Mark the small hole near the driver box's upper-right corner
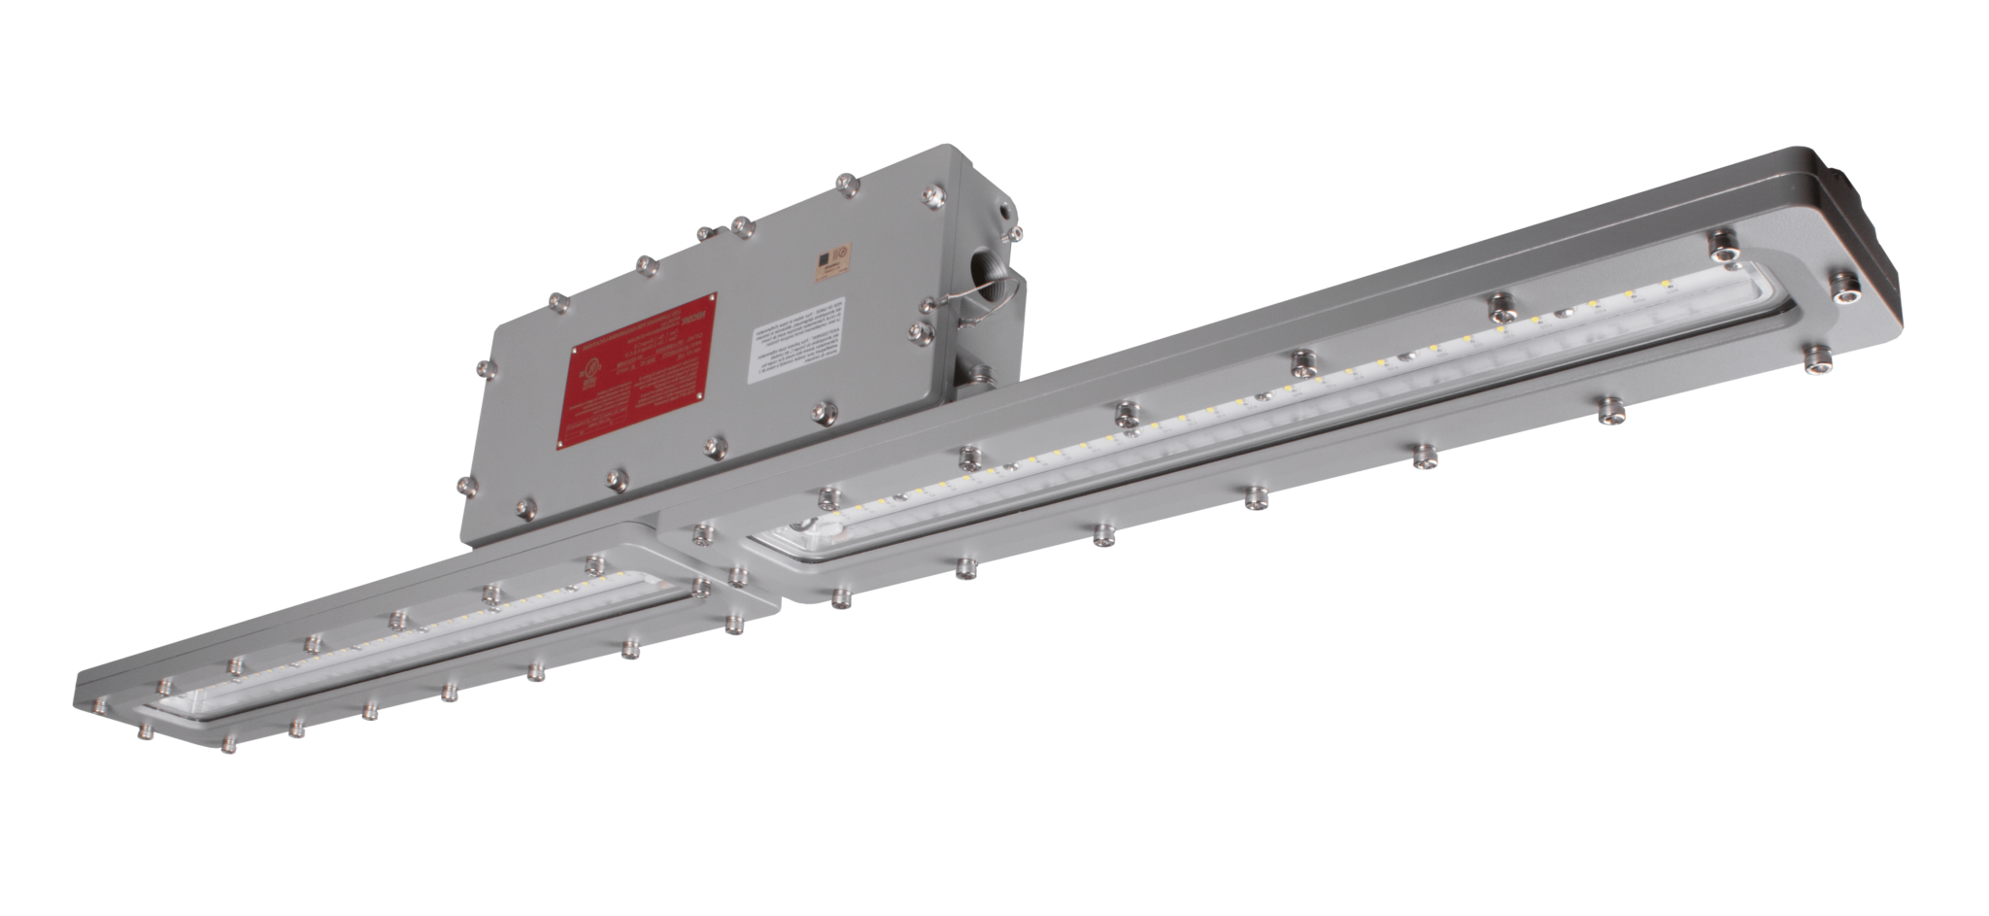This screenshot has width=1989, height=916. point(1002,208)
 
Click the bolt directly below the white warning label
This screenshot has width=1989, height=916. point(825,412)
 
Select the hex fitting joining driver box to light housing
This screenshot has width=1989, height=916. point(977,373)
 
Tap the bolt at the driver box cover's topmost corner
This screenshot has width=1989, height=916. point(846,182)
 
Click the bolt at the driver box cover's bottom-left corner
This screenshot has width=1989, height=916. point(465,485)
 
